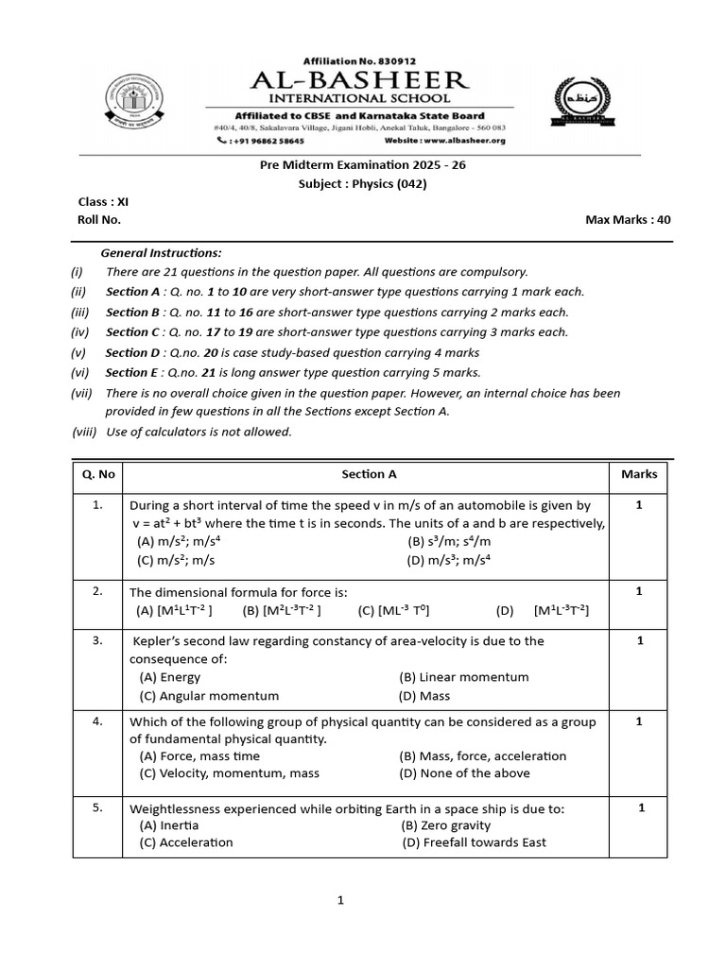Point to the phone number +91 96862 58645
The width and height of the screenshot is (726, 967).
[261, 141]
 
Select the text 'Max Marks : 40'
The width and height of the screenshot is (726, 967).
[628, 219]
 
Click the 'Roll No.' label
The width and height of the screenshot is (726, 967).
[99, 219]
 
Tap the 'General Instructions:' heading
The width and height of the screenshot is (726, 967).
[162, 252]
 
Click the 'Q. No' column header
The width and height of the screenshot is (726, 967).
[97, 474]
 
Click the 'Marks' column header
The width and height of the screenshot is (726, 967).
[639, 474]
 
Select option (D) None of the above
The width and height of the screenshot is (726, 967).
[464, 772]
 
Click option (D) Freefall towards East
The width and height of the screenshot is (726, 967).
[474, 842]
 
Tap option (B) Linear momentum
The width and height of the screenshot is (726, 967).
[464, 677]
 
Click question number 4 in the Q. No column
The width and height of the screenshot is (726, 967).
[97, 721]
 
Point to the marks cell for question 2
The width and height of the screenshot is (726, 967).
[639, 591]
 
